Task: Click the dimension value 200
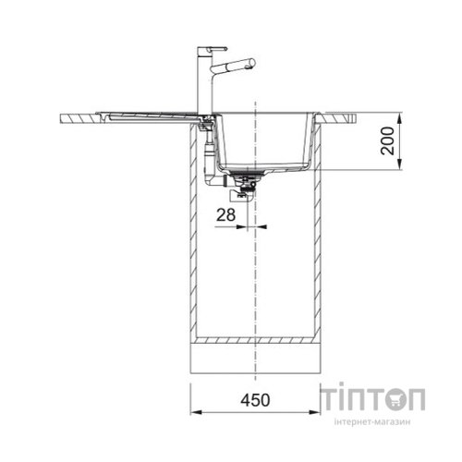[387, 141]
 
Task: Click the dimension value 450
[255, 400]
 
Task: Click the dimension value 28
[225, 214]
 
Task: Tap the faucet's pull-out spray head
[233, 66]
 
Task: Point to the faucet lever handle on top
[213, 49]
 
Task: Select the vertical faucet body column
[201, 81]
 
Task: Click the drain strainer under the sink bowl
[248, 173]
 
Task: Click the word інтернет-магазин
[372, 421]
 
